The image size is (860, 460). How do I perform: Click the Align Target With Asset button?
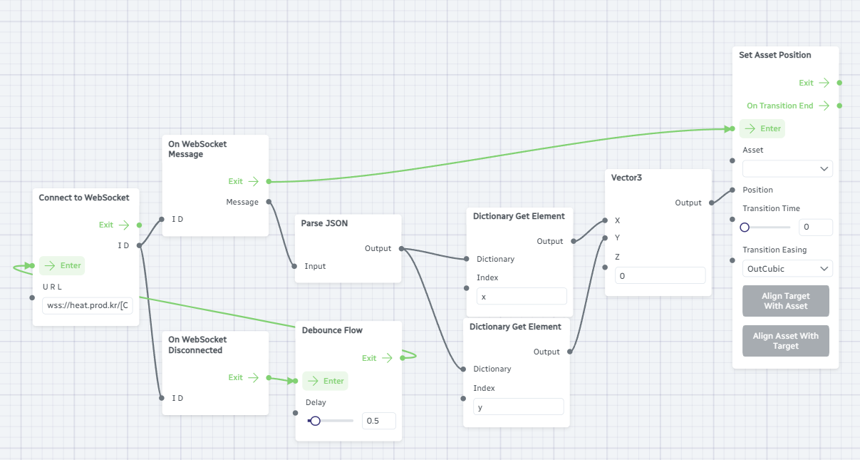click(785, 301)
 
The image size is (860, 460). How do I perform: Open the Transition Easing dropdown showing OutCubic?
click(787, 269)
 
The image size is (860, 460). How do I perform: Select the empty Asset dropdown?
click(787, 169)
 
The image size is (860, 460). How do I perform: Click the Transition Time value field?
click(815, 228)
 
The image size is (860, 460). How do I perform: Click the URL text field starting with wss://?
click(88, 306)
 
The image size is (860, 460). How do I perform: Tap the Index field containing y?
click(518, 407)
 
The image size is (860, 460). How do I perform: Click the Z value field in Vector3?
click(659, 275)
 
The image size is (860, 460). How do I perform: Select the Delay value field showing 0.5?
click(378, 421)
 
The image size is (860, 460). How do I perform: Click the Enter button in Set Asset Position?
click(762, 128)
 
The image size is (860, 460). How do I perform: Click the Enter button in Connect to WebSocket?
click(62, 265)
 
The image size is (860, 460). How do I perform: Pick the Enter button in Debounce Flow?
click(325, 381)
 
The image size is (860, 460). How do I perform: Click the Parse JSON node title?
click(324, 223)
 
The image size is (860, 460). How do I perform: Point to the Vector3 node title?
click(626, 178)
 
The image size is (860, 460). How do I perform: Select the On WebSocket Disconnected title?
click(197, 345)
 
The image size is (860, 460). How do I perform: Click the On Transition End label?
click(779, 106)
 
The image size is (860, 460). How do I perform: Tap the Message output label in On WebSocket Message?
click(242, 202)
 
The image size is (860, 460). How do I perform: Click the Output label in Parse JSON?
click(378, 248)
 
